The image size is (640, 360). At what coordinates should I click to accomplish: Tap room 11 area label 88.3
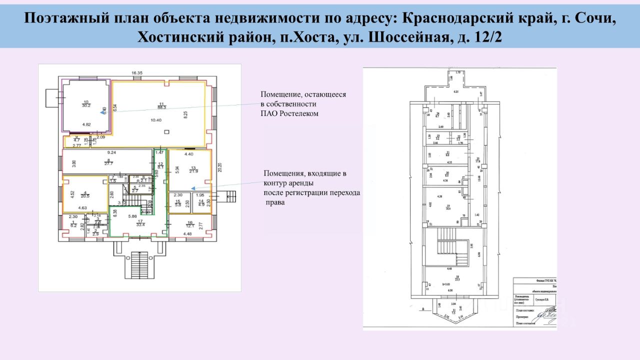click(161, 106)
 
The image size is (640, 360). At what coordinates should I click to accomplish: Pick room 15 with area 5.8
click(177, 203)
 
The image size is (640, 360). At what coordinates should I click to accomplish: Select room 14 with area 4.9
click(201, 203)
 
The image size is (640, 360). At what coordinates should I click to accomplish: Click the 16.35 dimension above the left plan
click(137, 73)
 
